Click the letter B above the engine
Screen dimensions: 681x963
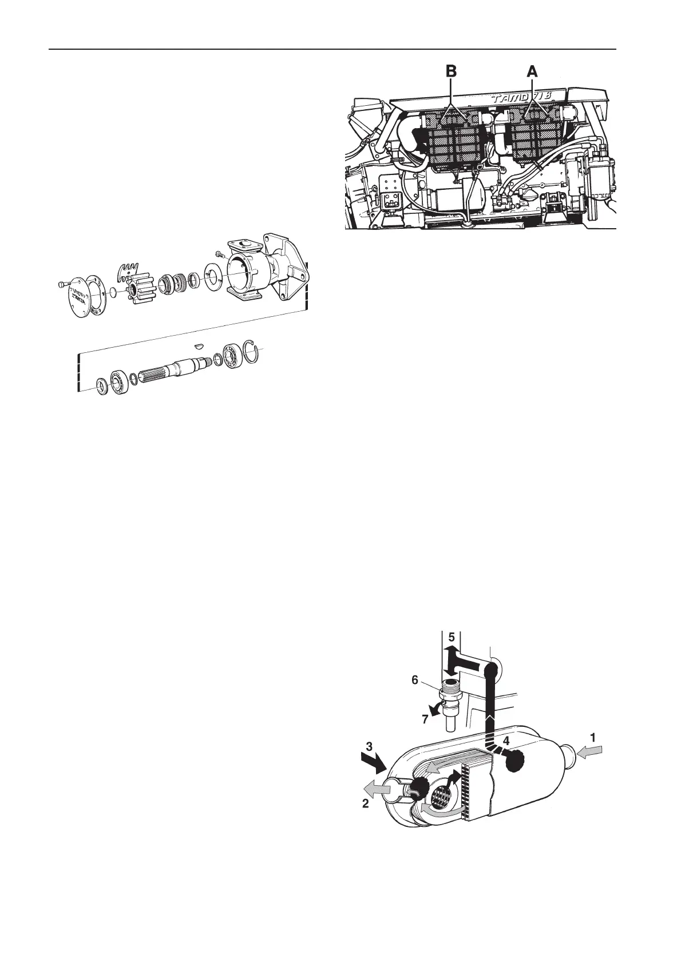(x=452, y=72)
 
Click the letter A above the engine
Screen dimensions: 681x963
(x=532, y=72)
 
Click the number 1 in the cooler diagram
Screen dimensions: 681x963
(x=593, y=738)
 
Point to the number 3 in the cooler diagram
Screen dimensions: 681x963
(x=370, y=746)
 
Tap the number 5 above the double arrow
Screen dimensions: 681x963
(x=451, y=637)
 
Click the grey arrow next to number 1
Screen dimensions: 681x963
(x=589, y=754)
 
